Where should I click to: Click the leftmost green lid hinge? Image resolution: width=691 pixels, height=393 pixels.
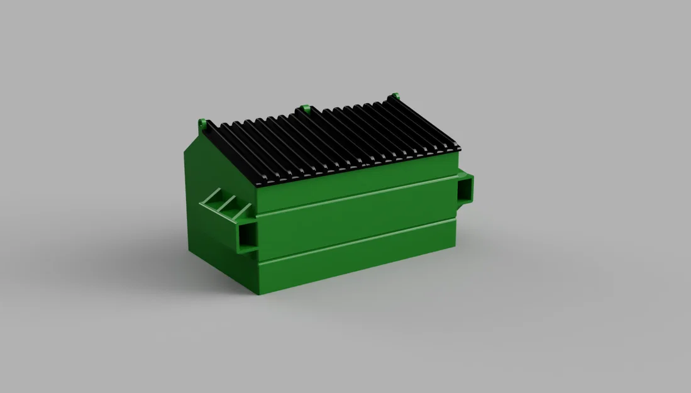point(202,123)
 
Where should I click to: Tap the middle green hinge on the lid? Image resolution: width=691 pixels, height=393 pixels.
point(304,109)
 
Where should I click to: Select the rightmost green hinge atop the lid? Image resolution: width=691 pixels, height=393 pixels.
point(395,97)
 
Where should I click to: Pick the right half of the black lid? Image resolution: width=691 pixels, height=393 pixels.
point(384,129)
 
